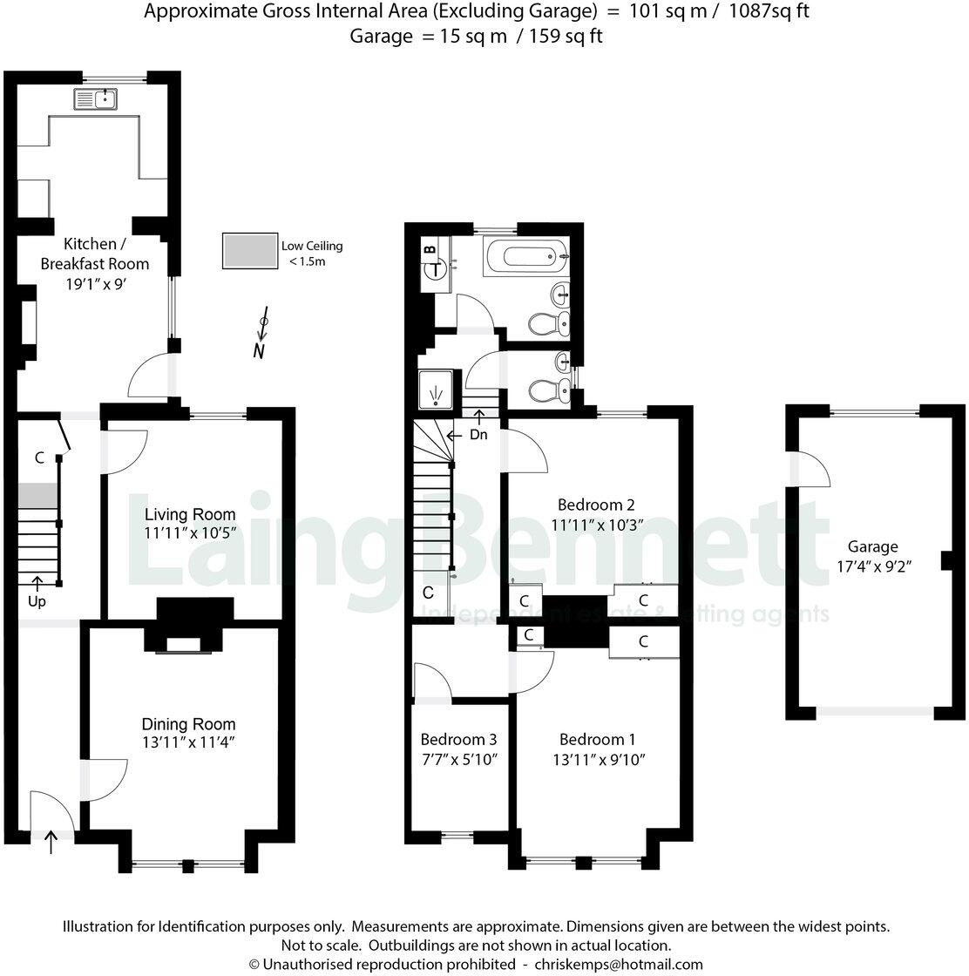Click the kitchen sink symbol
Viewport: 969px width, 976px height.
coord(97,99)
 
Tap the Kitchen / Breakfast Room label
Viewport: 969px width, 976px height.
coord(94,253)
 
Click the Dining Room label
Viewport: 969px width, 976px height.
coord(188,723)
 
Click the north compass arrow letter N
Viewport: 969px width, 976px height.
coord(259,351)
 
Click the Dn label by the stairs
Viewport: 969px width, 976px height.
coord(478,434)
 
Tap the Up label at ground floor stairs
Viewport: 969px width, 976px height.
coord(36,602)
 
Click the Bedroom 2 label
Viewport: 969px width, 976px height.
coord(595,505)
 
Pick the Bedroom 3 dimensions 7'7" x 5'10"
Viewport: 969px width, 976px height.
coord(458,759)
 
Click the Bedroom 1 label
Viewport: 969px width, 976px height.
coord(599,739)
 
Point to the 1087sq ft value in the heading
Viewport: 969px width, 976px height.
coord(769,11)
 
